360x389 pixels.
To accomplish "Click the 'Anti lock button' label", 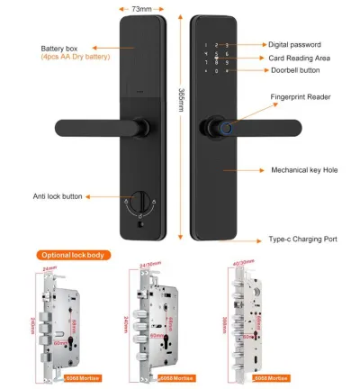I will click(x=58, y=196).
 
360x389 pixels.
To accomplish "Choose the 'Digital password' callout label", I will click(x=295, y=42).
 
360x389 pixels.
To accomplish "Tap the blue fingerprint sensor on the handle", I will click(x=223, y=127).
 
